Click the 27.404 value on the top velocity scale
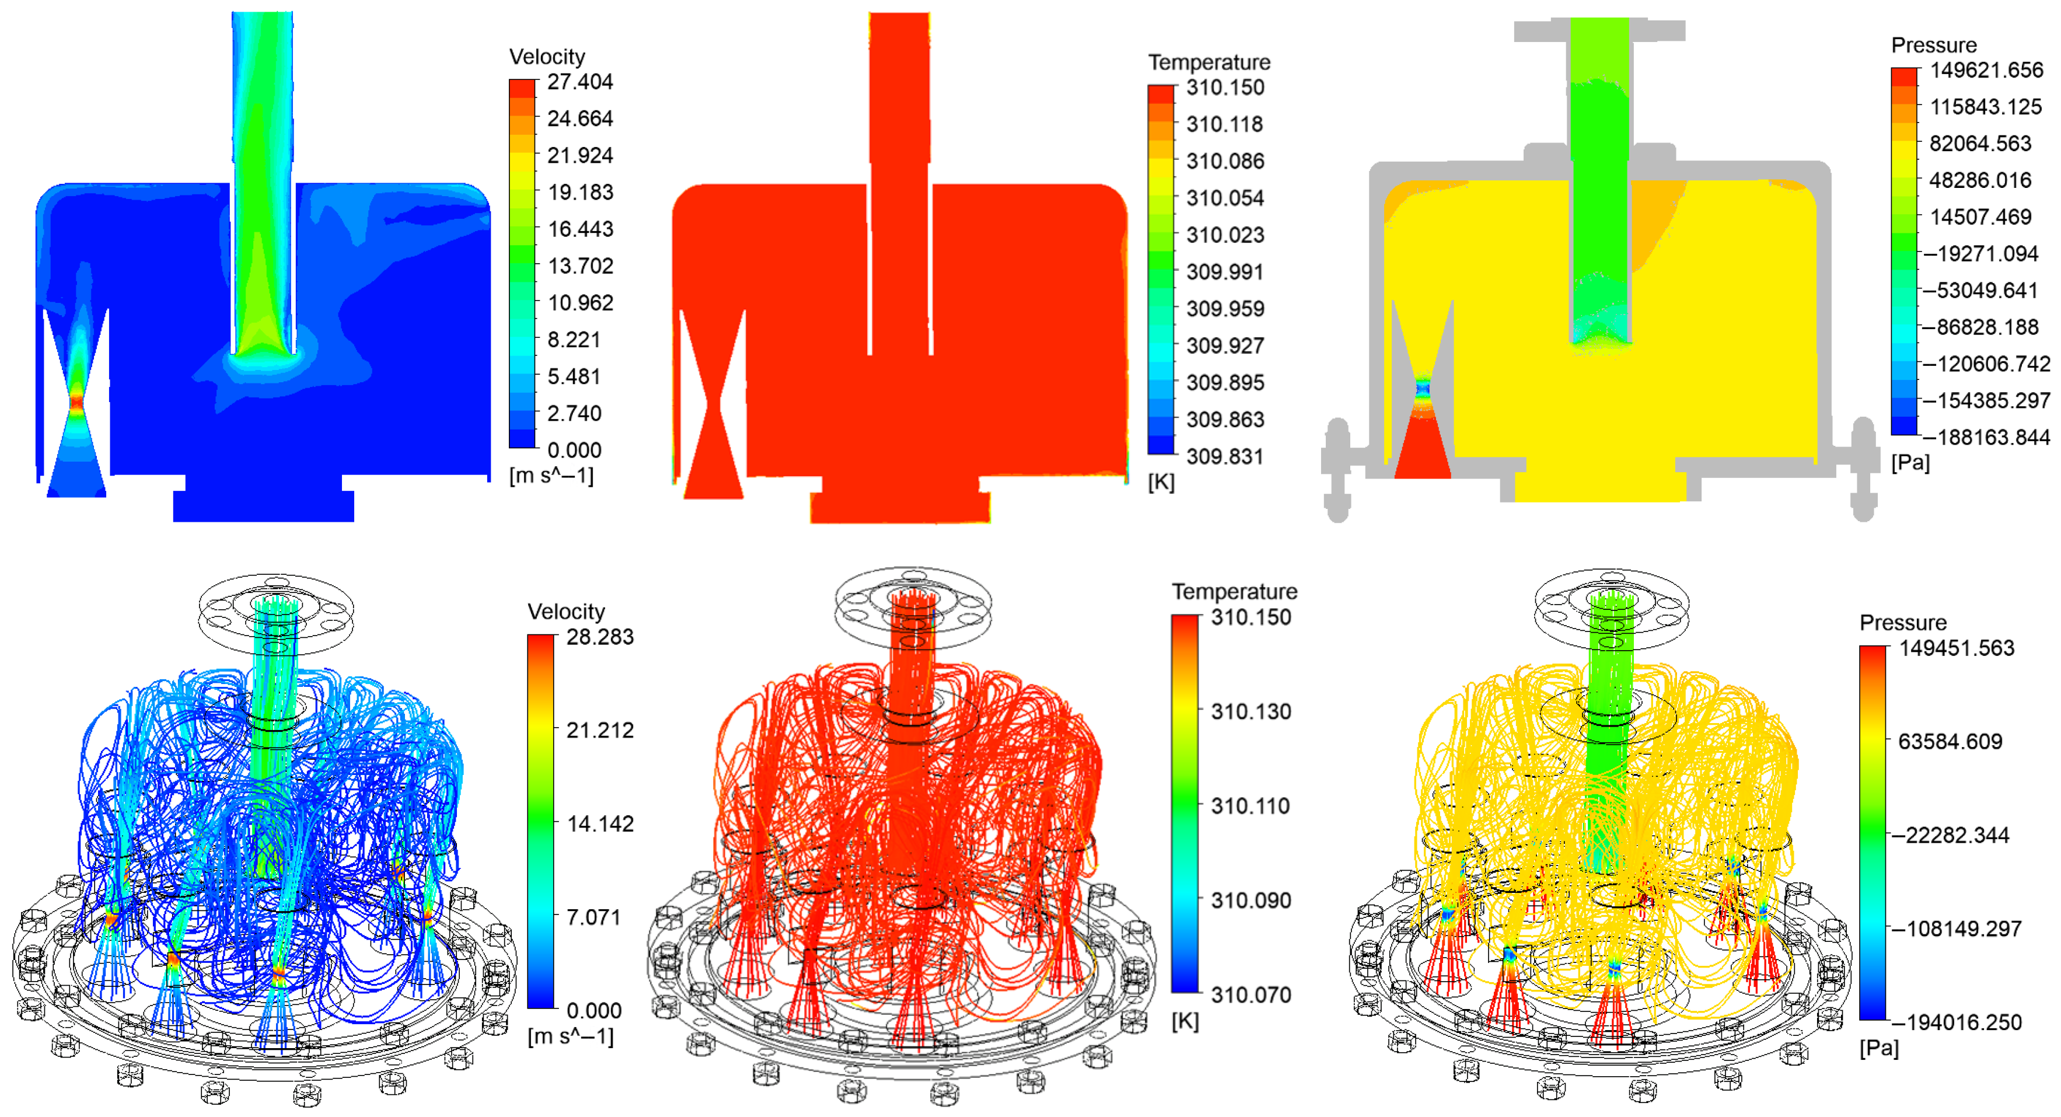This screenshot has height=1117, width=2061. (x=580, y=82)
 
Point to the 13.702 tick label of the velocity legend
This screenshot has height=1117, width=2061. (x=580, y=266)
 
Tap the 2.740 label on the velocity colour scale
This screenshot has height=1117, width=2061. (x=574, y=414)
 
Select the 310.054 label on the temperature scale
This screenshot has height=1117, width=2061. (x=1225, y=198)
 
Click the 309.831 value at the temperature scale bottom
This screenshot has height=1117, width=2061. (x=1225, y=457)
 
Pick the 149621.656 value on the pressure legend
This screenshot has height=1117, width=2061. (x=1986, y=71)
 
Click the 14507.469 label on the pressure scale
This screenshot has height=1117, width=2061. (x=1980, y=218)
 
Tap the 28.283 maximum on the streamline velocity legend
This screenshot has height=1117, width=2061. (x=600, y=637)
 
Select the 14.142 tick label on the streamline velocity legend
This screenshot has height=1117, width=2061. (x=600, y=824)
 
